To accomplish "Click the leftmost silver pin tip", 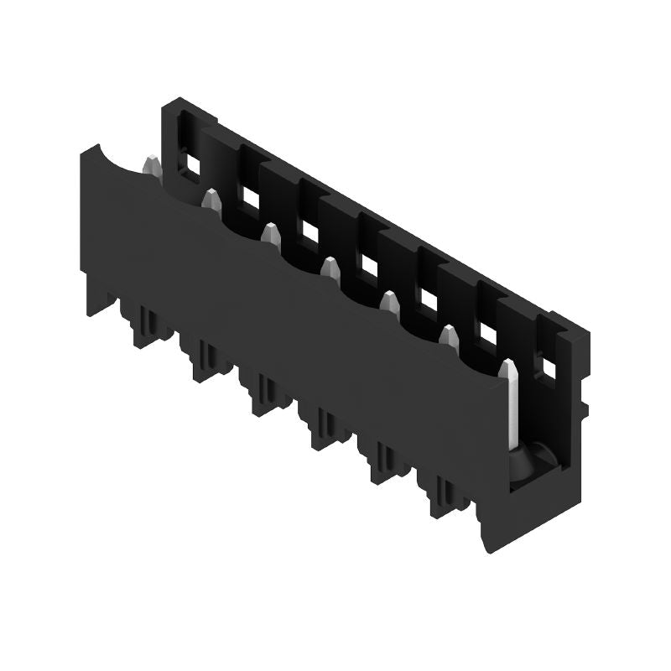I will click(152, 165).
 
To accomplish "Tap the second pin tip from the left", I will click(211, 199).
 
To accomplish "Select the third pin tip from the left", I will click(270, 232).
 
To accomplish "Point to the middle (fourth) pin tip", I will click(330, 267).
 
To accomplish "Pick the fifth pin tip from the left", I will click(388, 300).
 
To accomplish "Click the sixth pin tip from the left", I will click(448, 335).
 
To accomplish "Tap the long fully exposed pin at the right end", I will click(509, 403).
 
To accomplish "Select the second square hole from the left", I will click(249, 196).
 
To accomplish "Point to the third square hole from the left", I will click(309, 231).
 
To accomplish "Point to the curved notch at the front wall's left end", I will click(117, 162).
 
